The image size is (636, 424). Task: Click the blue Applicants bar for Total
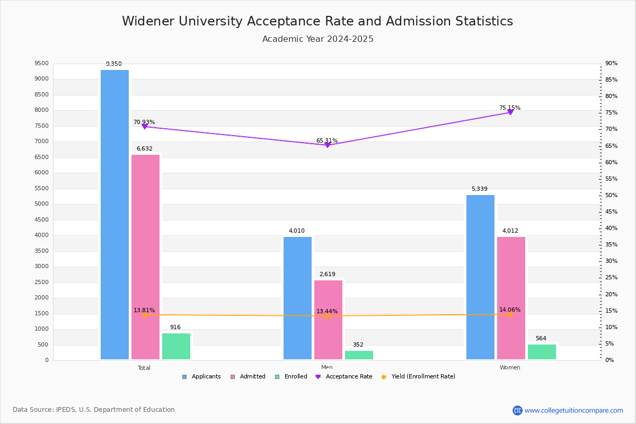[114, 215]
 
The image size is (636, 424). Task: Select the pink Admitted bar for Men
[328, 320]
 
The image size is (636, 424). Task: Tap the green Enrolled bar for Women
[542, 352]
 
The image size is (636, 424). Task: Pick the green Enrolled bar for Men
[359, 355]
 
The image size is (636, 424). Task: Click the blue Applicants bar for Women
[480, 277]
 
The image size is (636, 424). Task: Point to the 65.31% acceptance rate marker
[328, 145]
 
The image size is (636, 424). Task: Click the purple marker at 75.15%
[510, 112]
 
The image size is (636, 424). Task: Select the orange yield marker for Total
[145, 315]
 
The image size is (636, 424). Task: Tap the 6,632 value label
[145, 148]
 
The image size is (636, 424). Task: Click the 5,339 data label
[480, 189]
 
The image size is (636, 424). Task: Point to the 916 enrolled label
[175, 327]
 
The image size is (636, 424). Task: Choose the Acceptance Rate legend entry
[344, 377]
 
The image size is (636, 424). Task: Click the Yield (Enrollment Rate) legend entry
[418, 377]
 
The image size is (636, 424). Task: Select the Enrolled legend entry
[291, 377]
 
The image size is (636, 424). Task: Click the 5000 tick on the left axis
[42, 204]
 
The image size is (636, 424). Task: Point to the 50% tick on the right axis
[611, 196]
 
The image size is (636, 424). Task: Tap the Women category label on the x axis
[510, 367]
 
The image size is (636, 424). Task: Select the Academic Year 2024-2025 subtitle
[317, 39]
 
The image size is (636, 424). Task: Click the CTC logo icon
[517, 410]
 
